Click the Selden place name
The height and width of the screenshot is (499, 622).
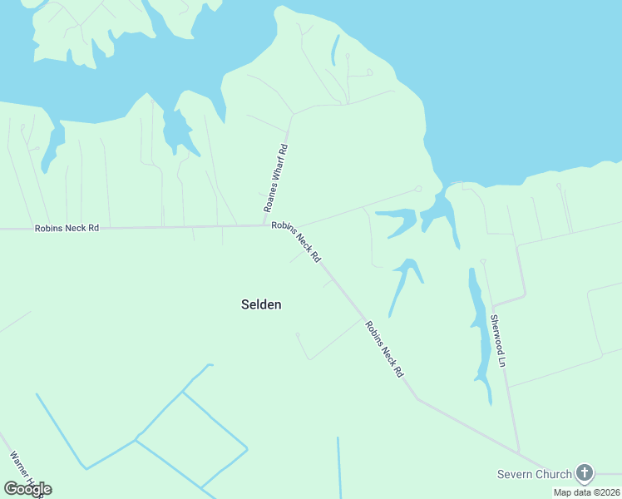261,304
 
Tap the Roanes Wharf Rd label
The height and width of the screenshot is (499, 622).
275,179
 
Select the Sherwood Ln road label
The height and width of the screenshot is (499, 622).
497,340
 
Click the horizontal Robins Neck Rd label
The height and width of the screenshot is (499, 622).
67,228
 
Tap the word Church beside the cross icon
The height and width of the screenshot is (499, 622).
554,474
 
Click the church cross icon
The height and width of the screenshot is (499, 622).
585,474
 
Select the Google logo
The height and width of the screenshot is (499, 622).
27,488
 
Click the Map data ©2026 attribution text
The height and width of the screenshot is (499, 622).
586,492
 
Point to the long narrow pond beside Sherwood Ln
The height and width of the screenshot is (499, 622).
479,333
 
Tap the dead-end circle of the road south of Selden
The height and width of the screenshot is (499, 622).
298,335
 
